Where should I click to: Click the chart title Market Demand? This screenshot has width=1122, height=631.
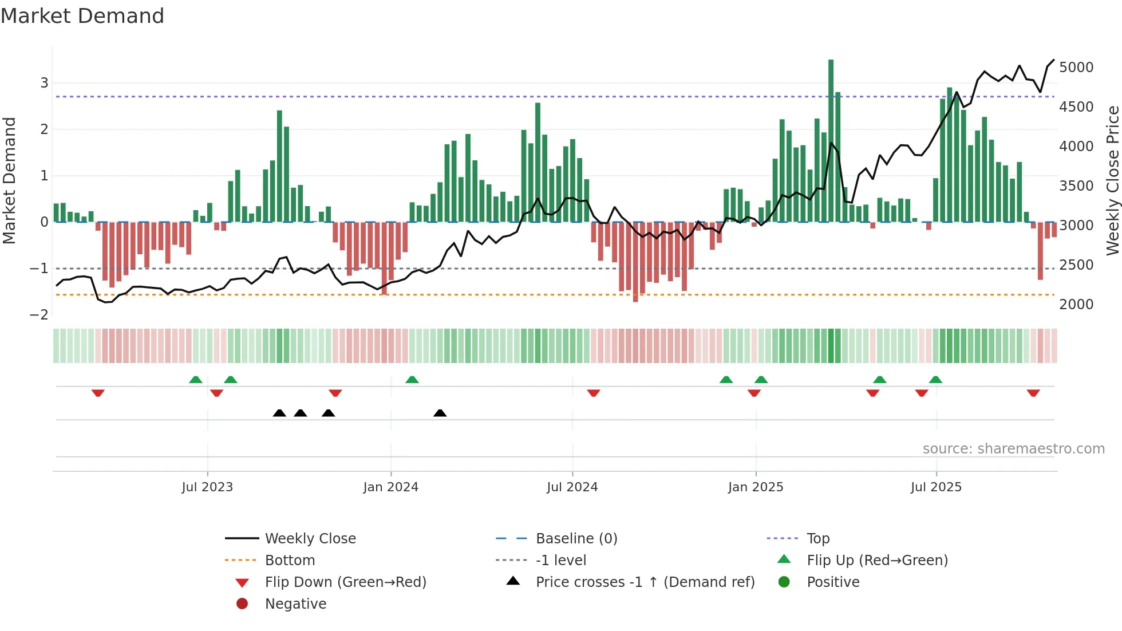point(82,16)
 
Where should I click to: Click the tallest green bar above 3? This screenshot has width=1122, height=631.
point(831,137)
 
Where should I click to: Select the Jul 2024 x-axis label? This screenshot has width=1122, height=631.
point(572,487)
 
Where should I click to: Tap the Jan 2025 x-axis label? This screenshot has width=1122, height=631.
point(756,487)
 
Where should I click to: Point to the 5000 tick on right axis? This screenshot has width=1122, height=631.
point(1076,68)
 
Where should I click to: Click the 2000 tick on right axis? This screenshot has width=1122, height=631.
point(1076,305)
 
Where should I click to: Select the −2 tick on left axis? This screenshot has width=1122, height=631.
point(39,315)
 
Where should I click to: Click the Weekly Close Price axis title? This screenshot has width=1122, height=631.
point(1112,180)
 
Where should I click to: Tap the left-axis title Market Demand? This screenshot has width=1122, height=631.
point(9,180)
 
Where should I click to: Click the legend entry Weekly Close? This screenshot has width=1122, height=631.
point(310,539)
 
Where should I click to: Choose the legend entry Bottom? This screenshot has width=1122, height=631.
point(290,561)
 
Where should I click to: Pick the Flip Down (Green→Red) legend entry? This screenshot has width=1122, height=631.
point(345,582)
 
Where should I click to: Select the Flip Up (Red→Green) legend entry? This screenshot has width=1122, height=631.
point(877,561)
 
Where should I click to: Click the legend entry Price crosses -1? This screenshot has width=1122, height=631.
point(645,582)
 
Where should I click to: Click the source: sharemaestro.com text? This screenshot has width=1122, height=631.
point(1013,449)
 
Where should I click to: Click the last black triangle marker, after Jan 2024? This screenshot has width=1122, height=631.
point(440,413)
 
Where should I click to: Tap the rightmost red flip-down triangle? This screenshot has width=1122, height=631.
point(1033,393)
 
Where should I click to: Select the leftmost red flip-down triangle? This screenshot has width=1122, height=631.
point(98,393)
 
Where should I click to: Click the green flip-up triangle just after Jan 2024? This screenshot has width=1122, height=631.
point(412,380)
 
